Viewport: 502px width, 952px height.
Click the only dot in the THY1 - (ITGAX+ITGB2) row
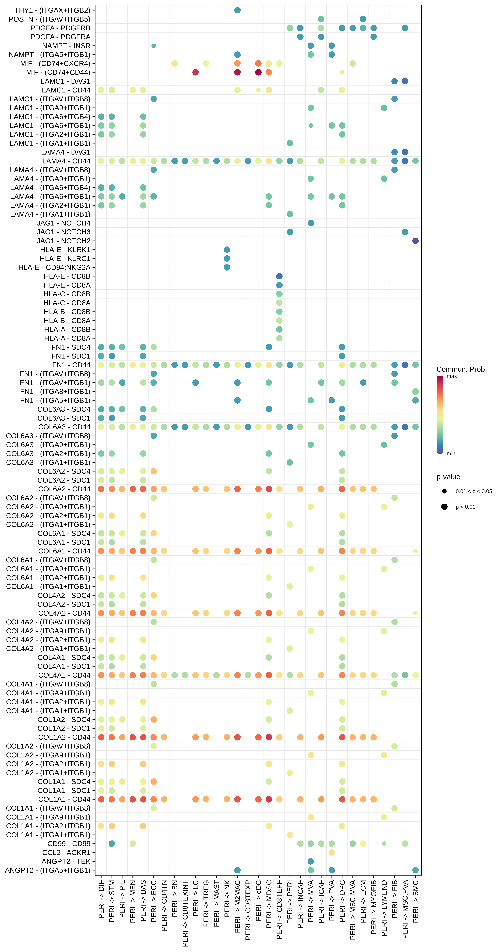click(237, 10)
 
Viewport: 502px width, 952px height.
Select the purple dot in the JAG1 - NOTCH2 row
click(415, 241)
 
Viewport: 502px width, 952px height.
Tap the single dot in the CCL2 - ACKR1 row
click(332, 852)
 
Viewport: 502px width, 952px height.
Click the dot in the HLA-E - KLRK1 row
click(227, 249)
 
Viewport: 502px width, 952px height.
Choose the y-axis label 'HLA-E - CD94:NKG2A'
click(54, 267)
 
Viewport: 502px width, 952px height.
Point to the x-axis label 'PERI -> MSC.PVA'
click(405, 909)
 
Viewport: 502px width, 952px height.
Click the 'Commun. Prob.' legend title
click(461, 369)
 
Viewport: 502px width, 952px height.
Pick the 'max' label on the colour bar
click(452, 376)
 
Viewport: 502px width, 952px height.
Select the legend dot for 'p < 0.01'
click(444, 507)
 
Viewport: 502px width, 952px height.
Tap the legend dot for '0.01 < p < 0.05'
click(444, 491)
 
